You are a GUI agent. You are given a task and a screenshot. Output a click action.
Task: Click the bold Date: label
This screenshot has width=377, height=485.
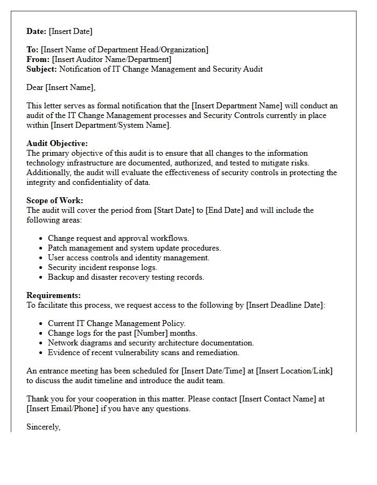(37, 32)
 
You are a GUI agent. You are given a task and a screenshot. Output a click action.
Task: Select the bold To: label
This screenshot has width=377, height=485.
(32, 50)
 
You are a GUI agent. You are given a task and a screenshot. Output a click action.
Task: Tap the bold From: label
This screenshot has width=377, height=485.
(38, 59)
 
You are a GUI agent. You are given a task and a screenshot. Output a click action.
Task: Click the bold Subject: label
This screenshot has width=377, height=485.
(42, 69)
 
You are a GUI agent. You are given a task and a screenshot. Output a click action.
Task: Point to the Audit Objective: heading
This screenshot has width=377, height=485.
(57, 144)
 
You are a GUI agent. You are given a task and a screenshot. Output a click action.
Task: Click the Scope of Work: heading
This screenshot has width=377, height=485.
(54, 201)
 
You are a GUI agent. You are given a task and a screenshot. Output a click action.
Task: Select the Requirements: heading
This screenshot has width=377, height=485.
(53, 296)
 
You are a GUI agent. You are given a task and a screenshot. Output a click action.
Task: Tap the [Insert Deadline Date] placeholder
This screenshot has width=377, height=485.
(285, 305)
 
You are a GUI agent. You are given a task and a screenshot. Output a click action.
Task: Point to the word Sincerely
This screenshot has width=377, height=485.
(43, 427)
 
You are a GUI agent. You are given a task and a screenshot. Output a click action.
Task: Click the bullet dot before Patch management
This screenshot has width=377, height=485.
(41, 248)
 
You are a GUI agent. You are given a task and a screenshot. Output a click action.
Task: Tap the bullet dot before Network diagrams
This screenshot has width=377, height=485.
(41, 343)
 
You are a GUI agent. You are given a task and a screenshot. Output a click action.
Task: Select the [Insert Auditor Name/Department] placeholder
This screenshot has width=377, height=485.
(111, 59)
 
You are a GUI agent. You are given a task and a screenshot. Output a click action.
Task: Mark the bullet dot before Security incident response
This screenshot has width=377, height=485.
(41, 268)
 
